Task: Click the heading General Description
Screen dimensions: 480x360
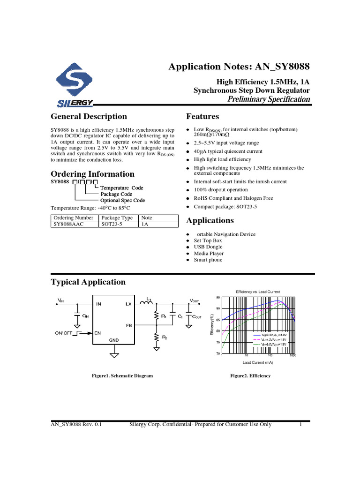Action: click(x=89, y=116)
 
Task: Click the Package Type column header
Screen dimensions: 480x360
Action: click(x=117, y=218)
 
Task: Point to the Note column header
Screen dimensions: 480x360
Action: click(x=147, y=218)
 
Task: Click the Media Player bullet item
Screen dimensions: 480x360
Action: click(x=209, y=254)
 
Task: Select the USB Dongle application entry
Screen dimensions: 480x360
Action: click(x=208, y=247)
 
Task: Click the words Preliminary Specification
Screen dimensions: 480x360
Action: click(x=269, y=99)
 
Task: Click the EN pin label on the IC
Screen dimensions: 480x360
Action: click(x=98, y=333)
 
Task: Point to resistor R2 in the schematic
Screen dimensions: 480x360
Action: click(x=157, y=337)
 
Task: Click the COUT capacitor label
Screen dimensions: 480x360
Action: click(x=198, y=317)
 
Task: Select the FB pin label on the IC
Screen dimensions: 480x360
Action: click(x=129, y=325)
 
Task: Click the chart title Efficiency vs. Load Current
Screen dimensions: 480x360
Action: click(x=257, y=292)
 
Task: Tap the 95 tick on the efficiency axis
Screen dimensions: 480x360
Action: click(x=218, y=298)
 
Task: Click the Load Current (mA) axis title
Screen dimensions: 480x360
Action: click(x=257, y=362)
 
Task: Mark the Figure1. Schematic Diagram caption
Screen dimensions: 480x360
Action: click(x=122, y=376)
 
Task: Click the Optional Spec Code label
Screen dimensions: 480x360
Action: click(x=123, y=200)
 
